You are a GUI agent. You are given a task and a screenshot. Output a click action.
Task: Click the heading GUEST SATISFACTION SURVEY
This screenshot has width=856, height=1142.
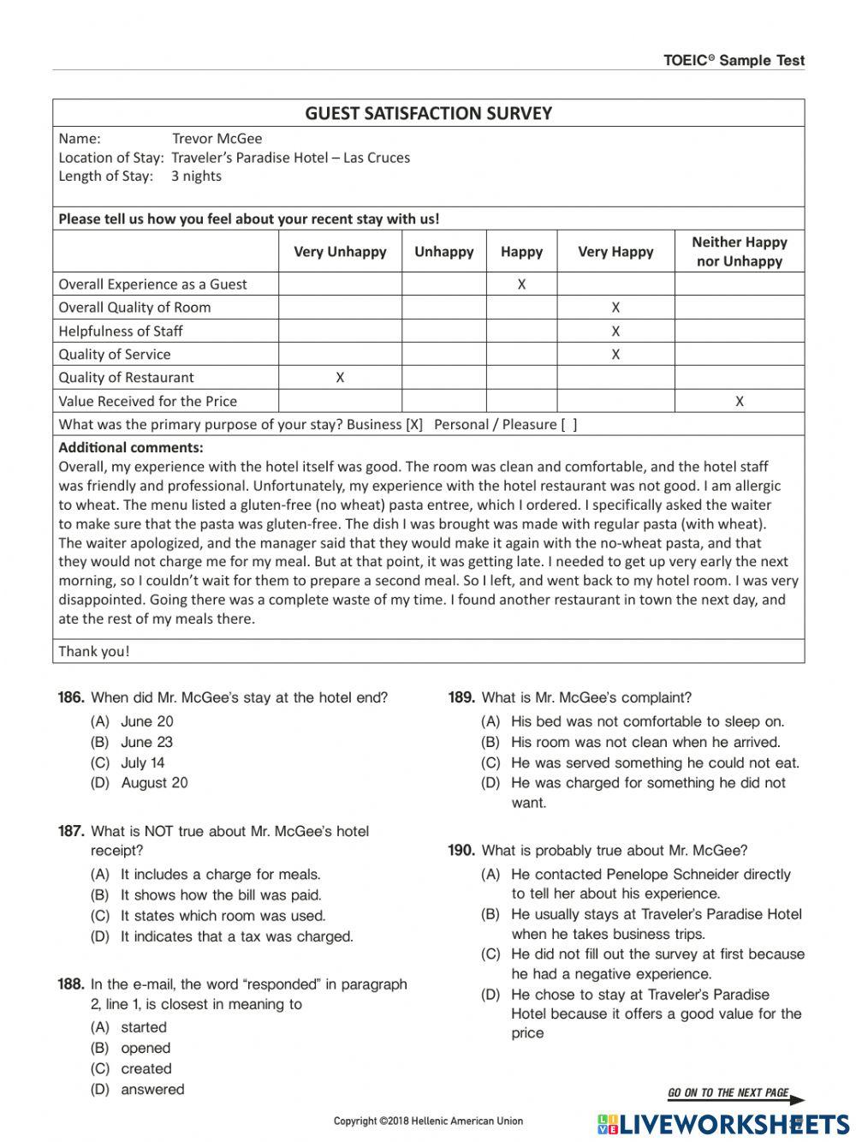pyautogui.click(x=428, y=113)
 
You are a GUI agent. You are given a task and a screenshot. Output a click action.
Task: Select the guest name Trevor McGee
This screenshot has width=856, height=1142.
pyautogui.click(x=217, y=139)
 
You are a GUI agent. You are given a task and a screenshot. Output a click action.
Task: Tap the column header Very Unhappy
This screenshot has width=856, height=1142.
pyautogui.click(x=340, y=252)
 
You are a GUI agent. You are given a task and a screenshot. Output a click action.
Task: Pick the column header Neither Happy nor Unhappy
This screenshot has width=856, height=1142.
pyautogui.click(x=739, y=252)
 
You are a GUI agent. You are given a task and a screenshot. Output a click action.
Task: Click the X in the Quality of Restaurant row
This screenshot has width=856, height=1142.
pyautogui.click(x=340, y=378)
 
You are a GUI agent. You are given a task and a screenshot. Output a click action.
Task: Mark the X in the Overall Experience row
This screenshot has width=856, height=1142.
pyautogui.click(x=521, y=284)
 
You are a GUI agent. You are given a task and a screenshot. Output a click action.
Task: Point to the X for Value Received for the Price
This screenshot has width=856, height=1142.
pyautogui.click(x=739, y=401)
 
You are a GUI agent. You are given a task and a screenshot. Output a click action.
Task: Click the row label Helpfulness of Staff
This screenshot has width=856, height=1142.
pyautogui.click(x=121, y=332)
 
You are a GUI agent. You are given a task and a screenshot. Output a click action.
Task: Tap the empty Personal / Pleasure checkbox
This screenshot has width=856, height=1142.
pyautogui.click(x=568, y=424)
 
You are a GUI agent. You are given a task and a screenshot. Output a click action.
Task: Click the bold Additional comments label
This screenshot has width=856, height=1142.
pyautogui.click(x=131, y=447)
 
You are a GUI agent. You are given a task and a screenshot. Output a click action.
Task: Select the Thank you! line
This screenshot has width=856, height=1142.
pyautogui.click(x=94, y=651)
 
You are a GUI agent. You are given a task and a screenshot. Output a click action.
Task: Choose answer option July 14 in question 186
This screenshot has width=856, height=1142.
pyautogui.click(x=142, y=762)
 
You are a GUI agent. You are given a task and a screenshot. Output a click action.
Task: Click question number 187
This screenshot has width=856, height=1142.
pyautogui.click(x=71, y=831)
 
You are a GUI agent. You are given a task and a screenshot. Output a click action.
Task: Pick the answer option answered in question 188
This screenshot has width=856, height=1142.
pyautogui.click(x=152, y=1089)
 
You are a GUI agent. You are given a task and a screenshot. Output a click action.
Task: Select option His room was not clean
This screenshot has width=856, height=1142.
pyautogui.click(x=645, y=742)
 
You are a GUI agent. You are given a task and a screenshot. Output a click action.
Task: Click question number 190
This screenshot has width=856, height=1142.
pyautogui.click(x=461, y=851)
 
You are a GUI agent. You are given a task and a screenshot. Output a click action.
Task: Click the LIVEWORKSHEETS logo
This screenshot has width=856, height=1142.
pyautogui.click(x=723, y=1124)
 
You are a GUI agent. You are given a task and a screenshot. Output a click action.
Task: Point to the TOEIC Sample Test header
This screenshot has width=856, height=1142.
pyautogui.click(x=734, y=60)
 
